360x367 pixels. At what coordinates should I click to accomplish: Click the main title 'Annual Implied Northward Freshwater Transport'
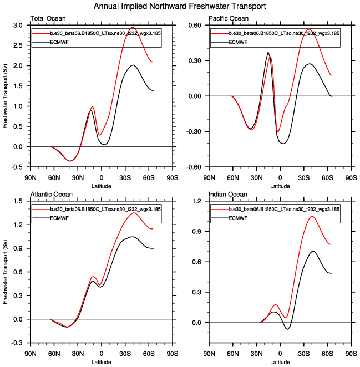[x=180, y=6]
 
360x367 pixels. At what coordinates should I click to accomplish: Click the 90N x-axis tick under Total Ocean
[x=31, y=179]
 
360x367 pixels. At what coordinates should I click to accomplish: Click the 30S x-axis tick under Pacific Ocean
[x=303, y=179]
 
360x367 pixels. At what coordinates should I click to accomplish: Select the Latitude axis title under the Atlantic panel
[x=101, y=361]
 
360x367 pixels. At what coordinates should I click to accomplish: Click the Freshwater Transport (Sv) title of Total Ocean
[x=6, y=96]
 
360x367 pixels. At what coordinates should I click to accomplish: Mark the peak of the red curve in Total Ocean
[x=133, y=27]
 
